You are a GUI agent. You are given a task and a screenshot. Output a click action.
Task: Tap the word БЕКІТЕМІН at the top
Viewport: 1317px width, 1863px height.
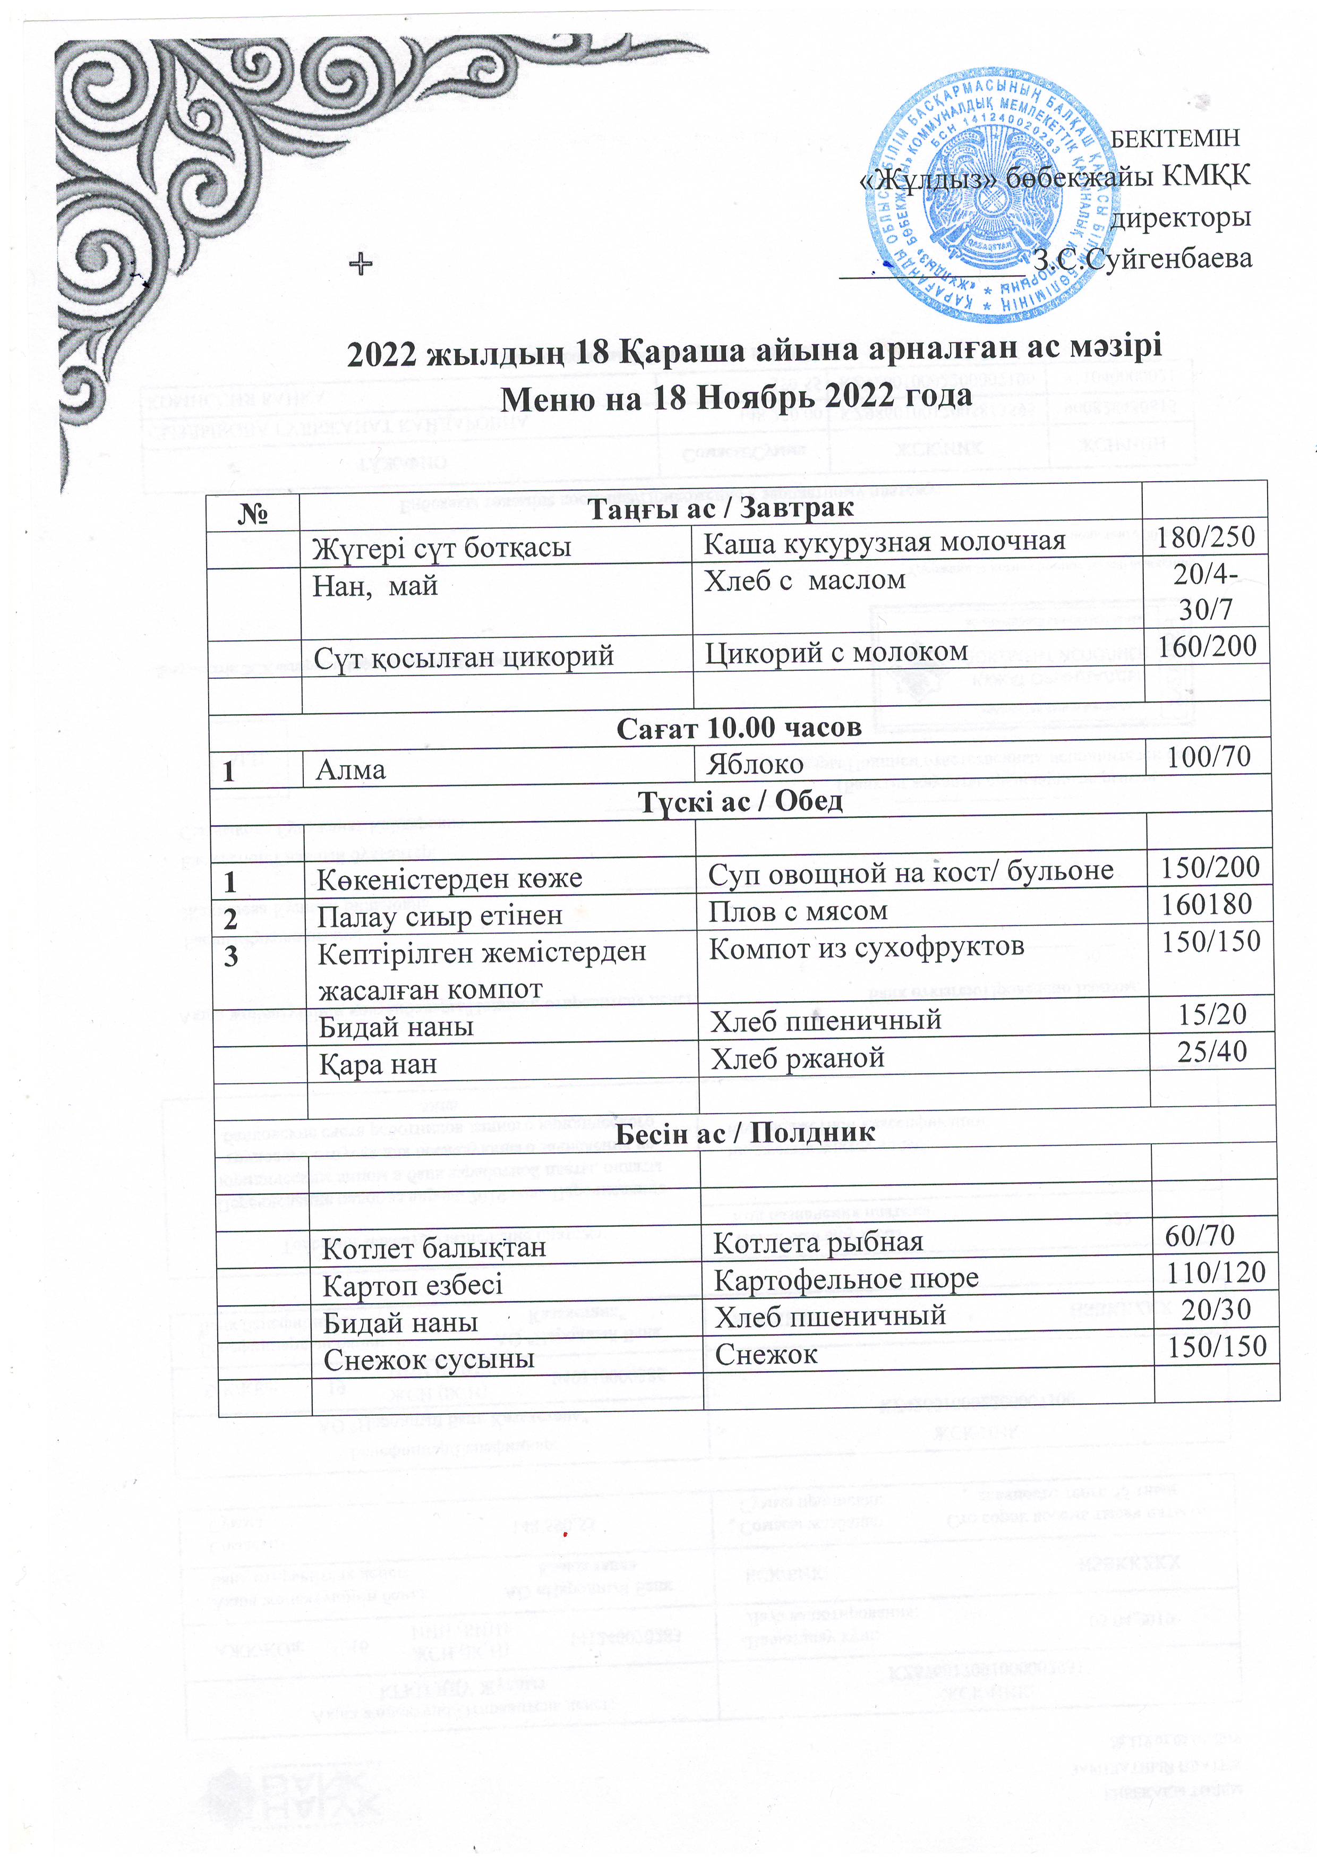click(1174, 139)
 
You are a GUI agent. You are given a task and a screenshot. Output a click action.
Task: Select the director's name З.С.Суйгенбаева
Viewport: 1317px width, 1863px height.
click(1142, 259)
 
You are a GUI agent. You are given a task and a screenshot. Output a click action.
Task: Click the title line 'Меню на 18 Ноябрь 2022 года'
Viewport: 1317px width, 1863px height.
click(737, 397)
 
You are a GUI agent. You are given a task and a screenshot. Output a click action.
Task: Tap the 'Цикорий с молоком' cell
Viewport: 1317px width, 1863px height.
click(836, 652)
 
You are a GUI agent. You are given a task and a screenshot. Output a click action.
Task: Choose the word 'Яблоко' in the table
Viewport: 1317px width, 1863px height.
click(755, 764)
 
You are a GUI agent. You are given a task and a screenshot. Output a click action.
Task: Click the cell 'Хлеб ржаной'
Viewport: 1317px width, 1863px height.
click(797, 1058)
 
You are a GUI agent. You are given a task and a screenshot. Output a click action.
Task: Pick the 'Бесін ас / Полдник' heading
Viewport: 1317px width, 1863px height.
click(745, 1133)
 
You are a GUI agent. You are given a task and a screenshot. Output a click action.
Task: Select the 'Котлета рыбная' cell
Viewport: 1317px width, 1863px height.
click(818, 1242)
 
